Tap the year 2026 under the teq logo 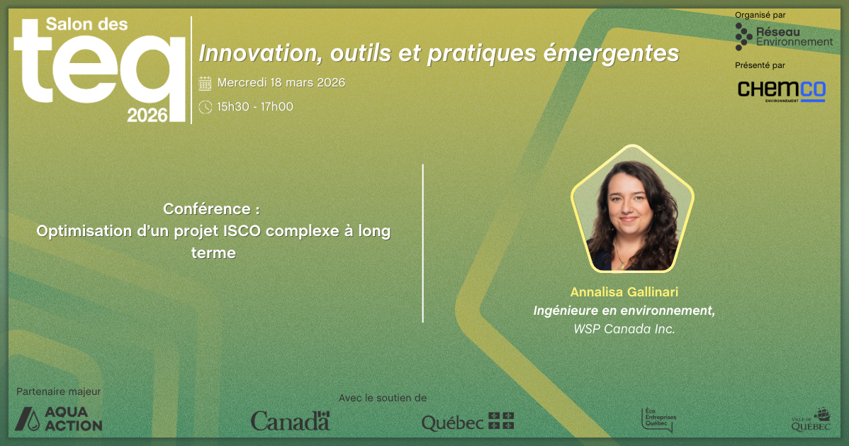coord(147,115)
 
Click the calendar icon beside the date coord(206,83)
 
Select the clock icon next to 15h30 coord(206,107)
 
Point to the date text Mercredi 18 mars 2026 coord(281,82)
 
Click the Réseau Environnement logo coord(784,37)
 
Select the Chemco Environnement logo coord(781,91)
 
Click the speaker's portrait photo coord(632,208)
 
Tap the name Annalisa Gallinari coord(624,292)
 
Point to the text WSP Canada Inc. coord(624,329)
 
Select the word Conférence coord(207,209)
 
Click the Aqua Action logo coord(59,419)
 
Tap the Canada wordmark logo coord(291,420)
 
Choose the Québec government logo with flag coord(468,422)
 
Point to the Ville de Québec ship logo coord(811,420)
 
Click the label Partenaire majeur coord(59,392)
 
